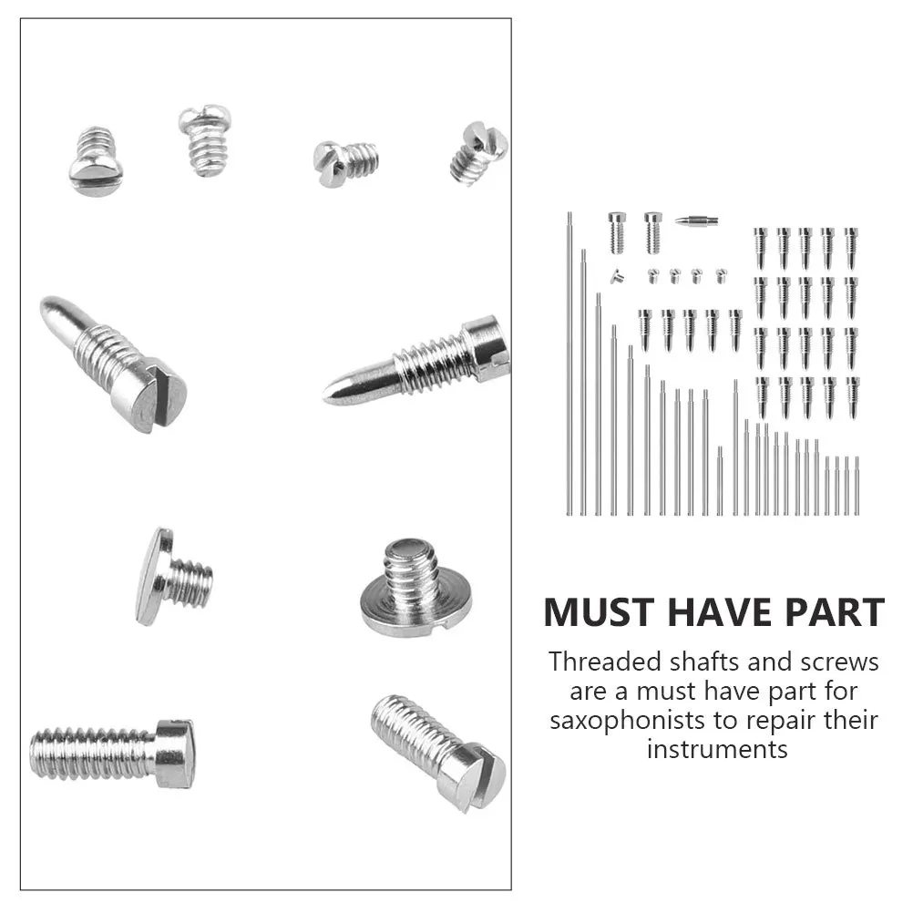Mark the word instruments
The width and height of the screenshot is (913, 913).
[717, 749]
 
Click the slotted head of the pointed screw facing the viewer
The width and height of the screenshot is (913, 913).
[151, 395]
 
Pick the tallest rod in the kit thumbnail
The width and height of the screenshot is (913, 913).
[569, 364]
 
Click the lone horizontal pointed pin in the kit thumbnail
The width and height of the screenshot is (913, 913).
[696, 220]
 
